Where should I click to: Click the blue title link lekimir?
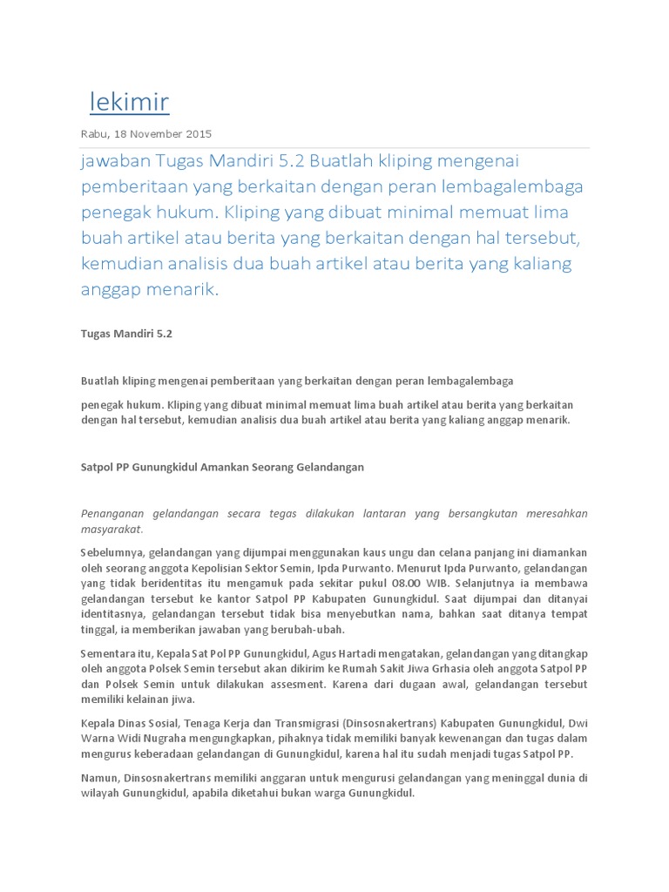pyautogui.click(x=130, y=103)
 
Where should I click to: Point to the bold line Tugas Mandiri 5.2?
pyautogui.click(x=126, y=333)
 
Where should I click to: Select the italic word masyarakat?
pyautogui.click(x=111, y=529)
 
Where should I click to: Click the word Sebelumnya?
pyautogui.click(x=112, y=552)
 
